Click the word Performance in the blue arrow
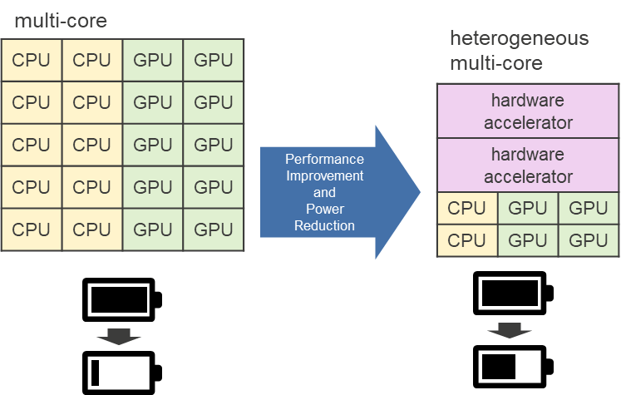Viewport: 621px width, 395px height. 324,159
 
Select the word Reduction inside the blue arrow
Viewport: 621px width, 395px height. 324,225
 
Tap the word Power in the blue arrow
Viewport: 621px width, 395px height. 324,209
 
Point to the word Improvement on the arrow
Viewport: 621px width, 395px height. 324,175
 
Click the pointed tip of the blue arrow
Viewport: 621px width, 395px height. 418,192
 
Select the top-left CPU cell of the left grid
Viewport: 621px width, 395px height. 32,60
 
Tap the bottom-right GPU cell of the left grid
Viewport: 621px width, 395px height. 213,230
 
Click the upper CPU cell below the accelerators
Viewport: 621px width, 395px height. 466,208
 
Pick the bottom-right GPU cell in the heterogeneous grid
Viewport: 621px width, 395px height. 588,240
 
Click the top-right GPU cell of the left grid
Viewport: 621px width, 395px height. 213,60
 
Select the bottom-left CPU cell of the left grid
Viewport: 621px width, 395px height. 32,230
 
